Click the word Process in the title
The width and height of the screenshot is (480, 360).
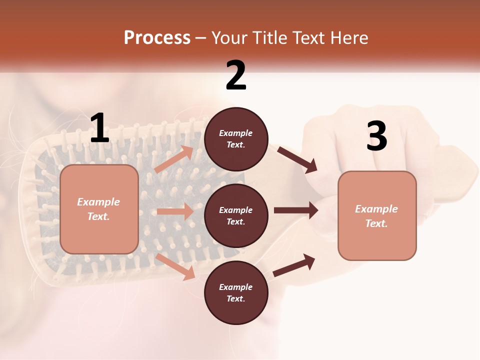[157, 38]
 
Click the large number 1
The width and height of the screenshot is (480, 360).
[99, 128]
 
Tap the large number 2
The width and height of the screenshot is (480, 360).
[236, 75]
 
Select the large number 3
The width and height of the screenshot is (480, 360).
[376, 136]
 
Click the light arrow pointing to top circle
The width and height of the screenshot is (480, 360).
[174, 159]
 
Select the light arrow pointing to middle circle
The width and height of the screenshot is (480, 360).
[175, 211]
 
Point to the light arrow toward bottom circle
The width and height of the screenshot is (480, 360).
[175, 266]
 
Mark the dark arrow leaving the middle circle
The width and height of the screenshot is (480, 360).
[296, 210]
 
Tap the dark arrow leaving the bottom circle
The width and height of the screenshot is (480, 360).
[294, 265]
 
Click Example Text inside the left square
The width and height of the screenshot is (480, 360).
[98, 209]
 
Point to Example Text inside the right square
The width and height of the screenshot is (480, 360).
[376, 216]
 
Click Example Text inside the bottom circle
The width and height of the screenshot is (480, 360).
[235, 293]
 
